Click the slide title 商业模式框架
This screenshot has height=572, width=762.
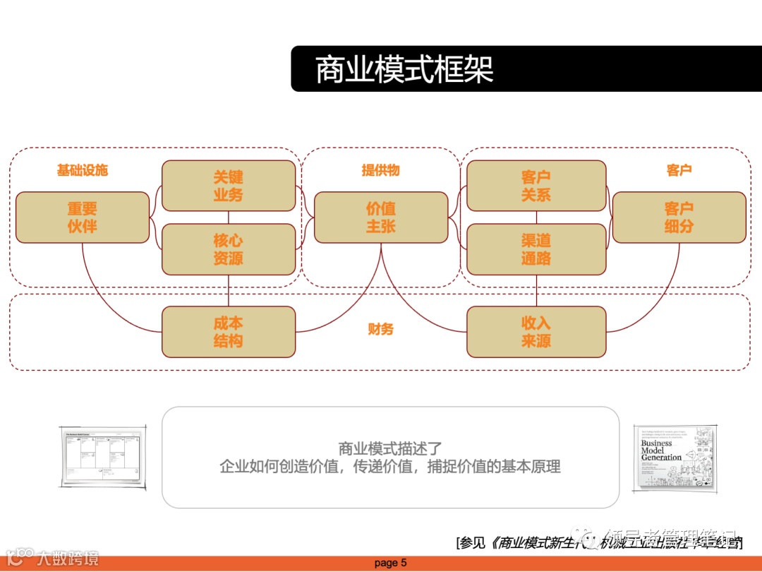coord(404,70)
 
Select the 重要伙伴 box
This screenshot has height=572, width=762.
coord(83,218)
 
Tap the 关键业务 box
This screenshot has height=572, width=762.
coord(229,186)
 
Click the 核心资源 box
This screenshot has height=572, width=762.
coord(229,249)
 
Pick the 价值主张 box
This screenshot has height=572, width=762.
coord(381,218)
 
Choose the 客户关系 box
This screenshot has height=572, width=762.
coord(536,186)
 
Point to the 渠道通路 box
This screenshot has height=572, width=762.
coord(536,249)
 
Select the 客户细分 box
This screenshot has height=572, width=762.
coord(679,218)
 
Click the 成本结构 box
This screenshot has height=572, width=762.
coord(229,332)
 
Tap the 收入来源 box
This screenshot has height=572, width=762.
coord(536,332)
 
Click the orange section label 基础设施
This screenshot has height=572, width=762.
coord(83,170)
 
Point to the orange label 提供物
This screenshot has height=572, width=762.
coord(381,170)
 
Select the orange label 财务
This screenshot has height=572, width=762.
coord(381,329)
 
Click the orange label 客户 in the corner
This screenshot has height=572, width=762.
coord(679,170)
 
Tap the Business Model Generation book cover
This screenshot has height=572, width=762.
coord(675,458)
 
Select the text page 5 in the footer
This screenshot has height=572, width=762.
coord(391,563)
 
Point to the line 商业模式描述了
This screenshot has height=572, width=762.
coord(390,448)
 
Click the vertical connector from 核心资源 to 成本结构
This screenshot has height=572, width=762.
coord(229,290)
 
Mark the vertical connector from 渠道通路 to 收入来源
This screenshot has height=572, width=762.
coord(537,290)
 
